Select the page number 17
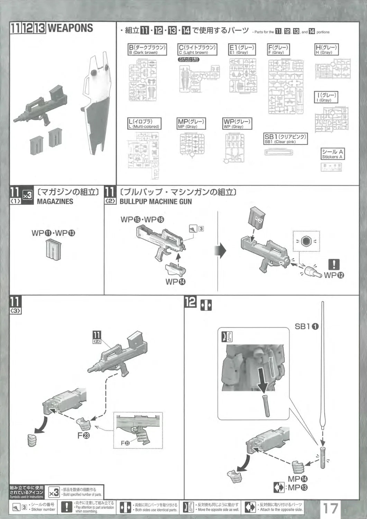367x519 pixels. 330,508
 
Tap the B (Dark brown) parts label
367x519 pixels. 147,49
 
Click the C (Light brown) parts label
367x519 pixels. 197,49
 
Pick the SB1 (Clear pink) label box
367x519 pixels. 285,139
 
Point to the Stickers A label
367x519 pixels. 332,154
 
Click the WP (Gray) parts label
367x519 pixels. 237,124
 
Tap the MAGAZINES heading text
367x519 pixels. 55,201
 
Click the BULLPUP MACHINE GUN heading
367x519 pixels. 156,201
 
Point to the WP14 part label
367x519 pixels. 175,282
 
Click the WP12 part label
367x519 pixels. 334,275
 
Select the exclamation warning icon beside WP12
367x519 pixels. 333,265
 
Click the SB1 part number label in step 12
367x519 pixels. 306,326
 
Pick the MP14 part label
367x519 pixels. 298,479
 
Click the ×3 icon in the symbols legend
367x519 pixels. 54,492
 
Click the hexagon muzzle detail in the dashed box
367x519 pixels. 305,241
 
